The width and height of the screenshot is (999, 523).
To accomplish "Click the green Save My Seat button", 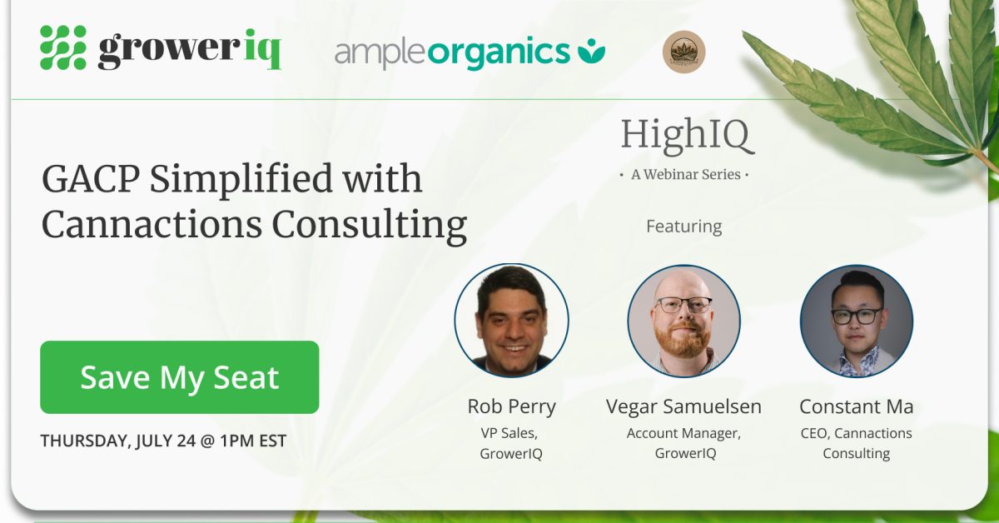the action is click(179, 377).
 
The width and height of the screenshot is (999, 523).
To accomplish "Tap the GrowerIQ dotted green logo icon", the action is click(63, 47).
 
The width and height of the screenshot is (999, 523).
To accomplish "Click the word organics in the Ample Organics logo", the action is click(499, 52).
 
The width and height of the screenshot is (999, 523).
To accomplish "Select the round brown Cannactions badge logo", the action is click(683, 52).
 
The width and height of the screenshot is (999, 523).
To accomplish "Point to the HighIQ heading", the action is click(687, 135).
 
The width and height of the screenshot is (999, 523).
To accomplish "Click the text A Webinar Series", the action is click(685, 174).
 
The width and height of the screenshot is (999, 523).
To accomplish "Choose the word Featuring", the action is click(683, 227).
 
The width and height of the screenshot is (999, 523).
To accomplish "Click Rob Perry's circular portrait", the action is click(511, 321).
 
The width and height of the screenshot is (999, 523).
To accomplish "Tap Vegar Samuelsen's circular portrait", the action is click(683, 321).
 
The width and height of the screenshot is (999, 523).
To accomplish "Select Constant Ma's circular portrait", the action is click(857, 321).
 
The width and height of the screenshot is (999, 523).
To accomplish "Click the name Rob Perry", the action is click(511, 407).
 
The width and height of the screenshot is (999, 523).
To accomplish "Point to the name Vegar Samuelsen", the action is click(683, 406).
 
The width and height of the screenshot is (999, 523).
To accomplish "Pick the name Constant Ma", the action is click(857, 406).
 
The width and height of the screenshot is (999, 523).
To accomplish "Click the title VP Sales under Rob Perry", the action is click(509, 433).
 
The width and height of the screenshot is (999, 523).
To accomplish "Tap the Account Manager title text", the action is click(683, 433).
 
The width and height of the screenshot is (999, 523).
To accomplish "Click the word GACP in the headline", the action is click(91, 179).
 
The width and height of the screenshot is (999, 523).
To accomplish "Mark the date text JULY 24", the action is click(166, 441).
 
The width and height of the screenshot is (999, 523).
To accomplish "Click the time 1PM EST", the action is click(253, 441).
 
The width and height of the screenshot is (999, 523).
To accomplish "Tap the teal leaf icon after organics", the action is click(591, 51).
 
